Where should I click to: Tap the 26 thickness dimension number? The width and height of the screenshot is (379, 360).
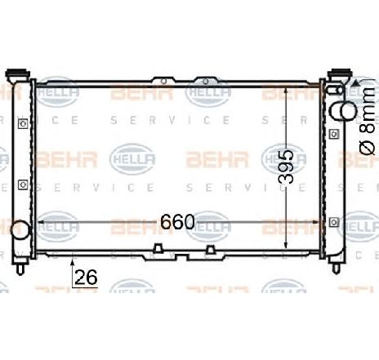coord(86,278)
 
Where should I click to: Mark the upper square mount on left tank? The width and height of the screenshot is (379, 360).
coord(22,123)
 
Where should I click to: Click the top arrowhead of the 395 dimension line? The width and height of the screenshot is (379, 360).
coord(284,87)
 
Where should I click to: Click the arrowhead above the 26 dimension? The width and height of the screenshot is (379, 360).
coord(72,263)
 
